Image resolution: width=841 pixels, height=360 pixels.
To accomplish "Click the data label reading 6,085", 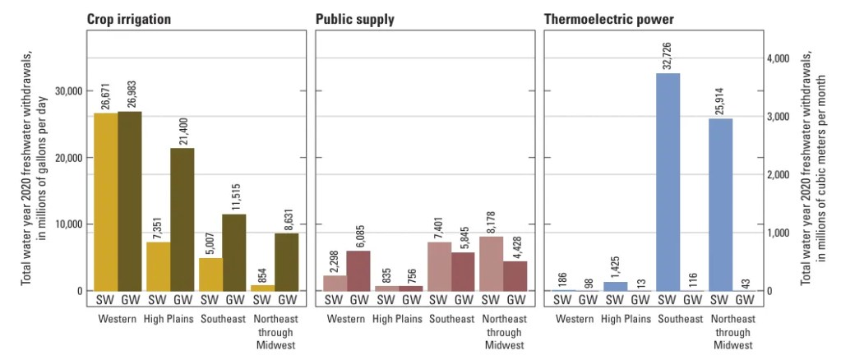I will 359,231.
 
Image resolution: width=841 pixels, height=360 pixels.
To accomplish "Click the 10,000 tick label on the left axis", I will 67,224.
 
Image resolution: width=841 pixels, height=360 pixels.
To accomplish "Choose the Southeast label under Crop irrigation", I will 222,319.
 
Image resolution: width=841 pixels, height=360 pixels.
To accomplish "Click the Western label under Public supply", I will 348,319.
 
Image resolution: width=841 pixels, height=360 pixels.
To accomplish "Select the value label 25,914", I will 721,99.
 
